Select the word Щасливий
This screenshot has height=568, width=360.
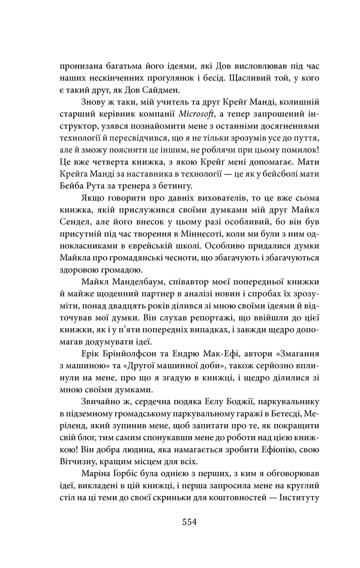218,78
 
